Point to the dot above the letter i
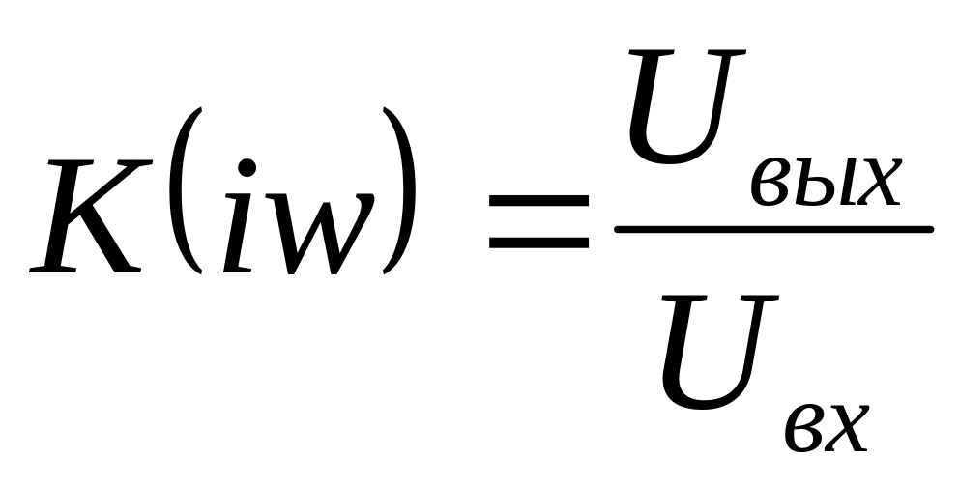tap(247, 169)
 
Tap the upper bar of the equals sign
tap(538, 201)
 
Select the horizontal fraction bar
tap(773, 229)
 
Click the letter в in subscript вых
tap(770, 183)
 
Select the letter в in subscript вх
tap(805, 428)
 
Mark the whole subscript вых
tap(827, 183)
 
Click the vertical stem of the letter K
tap(61, 215)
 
